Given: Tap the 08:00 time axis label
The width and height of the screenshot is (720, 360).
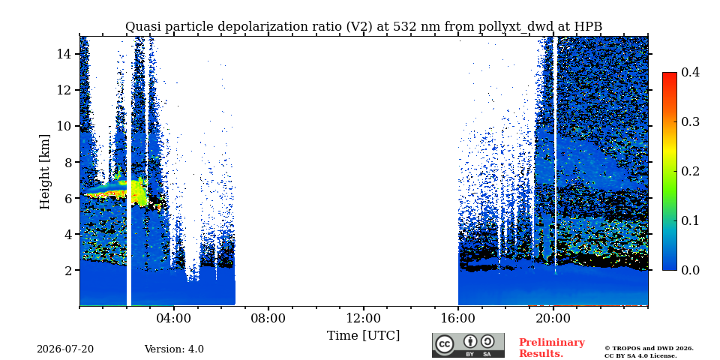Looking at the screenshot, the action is click(x=268, y=319).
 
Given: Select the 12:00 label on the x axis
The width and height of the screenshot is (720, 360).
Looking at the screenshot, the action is click(x=364, y=319).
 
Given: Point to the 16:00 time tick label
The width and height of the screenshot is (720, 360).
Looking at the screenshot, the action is click(x=458, y=319).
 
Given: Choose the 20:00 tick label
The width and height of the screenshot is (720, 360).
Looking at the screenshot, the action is click(x=553, y=319).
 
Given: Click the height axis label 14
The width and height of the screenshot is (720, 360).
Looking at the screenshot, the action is click(x=64, y=54).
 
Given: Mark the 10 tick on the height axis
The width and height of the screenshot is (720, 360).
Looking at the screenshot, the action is click(x=64, y=126).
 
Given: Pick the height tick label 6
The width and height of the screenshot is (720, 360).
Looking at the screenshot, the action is click(x=68, y=198).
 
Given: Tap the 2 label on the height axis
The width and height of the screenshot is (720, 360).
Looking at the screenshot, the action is click(x=68, y=271).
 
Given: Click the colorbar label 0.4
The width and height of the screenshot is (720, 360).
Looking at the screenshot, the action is click(x=690, y=72).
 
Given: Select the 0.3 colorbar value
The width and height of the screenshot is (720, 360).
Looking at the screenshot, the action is click(x=690, y=121).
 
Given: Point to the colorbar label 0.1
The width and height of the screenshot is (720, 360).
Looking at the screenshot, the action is click(x=690, y=220).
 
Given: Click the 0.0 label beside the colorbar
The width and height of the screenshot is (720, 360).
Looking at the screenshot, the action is click(x=690, y=270).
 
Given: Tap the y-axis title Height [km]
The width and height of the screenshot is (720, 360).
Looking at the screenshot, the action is click(x=44, y=172).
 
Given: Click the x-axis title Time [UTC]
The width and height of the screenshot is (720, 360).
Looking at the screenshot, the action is click(x=363, y=336).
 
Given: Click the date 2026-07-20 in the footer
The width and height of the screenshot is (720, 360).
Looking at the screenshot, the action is click(x=65, y=349).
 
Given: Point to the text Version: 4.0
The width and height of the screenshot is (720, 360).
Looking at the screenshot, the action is click(x=174, y=349).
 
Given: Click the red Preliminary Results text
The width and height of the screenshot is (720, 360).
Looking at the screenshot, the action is click(x=552, y=348).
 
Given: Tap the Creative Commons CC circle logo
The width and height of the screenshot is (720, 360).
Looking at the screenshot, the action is click(x=444, y=345).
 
